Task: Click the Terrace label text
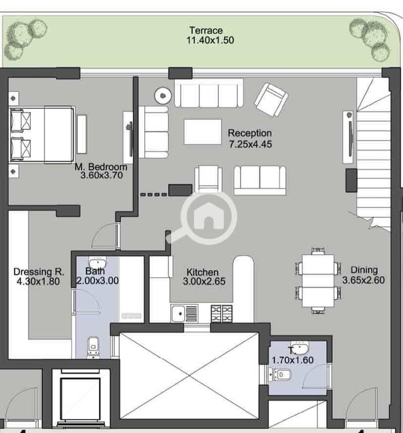coord(206,30)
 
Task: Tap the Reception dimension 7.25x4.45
coord(250,144)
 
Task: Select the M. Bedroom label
coord(101,167)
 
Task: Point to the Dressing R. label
coord(39,272)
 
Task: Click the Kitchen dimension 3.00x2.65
coord(204,281)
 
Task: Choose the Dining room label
coord(364,270)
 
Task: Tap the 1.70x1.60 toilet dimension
coord(293,360)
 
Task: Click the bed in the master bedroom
coord(42,134)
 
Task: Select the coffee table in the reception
coord(203,132)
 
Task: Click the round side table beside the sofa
coord(163,96)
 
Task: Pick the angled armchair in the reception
coord(271,100)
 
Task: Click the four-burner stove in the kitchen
coord(222,314)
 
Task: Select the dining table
coord(318,280)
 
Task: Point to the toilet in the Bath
coord(93,346)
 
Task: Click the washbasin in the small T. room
coord(299,347)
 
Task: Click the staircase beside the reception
coord(373,153)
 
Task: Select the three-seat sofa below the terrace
coord(209,93)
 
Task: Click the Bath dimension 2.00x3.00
coord(98,280)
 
